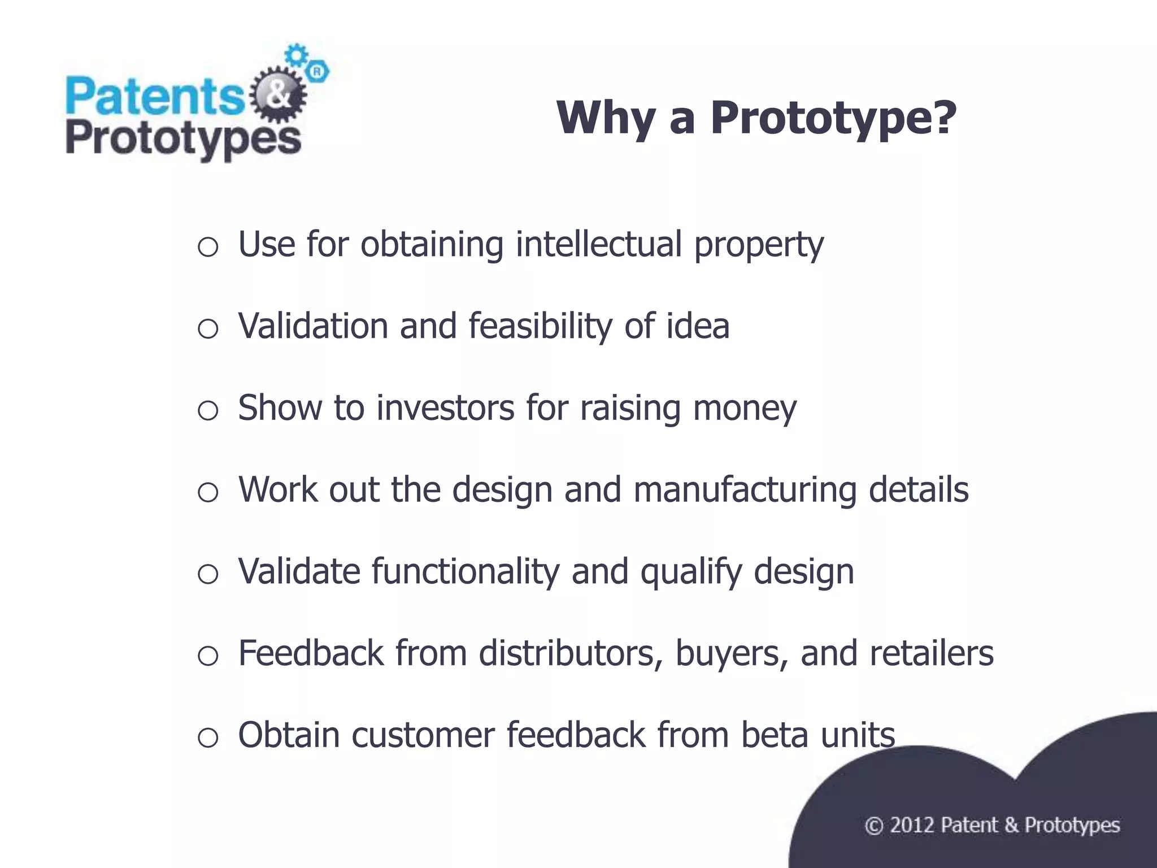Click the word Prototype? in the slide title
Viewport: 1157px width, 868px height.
pos(833,119)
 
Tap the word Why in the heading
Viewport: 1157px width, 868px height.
pos(606,119)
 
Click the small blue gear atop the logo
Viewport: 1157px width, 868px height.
pos(295,55)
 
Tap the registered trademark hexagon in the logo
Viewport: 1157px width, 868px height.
pos(317,72)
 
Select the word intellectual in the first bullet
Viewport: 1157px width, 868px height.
pos(598,244)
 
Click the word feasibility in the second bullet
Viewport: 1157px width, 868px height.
pos(540,327)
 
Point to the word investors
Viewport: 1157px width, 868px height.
pos(445,408)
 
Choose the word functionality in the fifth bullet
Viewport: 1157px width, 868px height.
pos(466,571)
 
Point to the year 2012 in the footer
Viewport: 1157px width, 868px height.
pos(912,826)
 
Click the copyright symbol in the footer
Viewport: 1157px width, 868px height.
pos(873,826)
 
